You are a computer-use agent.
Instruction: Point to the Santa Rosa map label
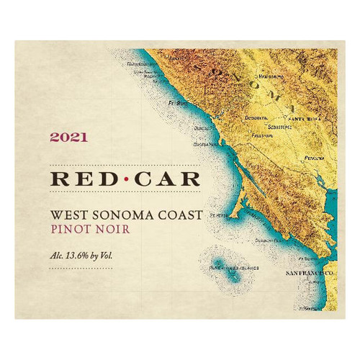coord(302,120)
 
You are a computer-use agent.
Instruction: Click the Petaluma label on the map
coord(315,156)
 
